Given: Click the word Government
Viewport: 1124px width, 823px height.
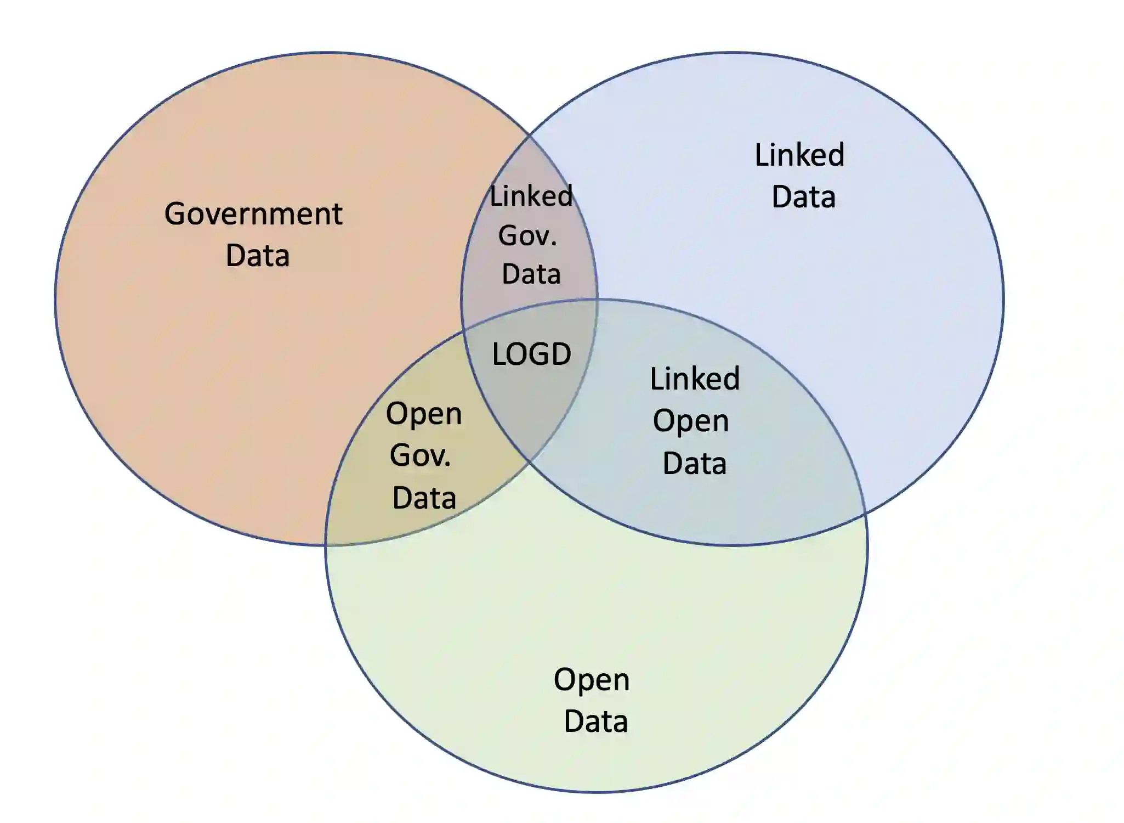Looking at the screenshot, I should click(253, 214).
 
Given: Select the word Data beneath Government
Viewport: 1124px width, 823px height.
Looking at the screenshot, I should click(258, 256).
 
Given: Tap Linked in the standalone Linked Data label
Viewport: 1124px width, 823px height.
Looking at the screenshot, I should click(799, 155).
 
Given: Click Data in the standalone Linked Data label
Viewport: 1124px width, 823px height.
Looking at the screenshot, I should click(803, 197).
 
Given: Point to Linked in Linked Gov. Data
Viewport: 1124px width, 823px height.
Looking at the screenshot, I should click(531, 196).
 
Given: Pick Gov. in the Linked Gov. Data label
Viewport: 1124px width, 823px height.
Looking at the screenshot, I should click(527, 235).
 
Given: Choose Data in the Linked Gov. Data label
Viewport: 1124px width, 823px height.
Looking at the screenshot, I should click(531, 274).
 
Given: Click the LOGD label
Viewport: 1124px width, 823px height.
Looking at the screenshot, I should click(531, 354).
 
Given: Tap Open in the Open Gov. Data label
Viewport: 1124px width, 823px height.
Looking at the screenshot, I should click(424, 414).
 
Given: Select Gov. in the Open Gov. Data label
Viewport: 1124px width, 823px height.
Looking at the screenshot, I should click(421, 455).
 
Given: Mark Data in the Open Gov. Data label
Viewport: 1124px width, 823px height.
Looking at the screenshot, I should click(424, 498).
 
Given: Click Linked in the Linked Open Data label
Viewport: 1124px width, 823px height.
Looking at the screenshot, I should click(695, 379).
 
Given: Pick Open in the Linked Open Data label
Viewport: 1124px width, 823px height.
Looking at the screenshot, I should click(691, 421).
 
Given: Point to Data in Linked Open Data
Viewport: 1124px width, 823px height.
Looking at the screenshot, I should click(695, 464).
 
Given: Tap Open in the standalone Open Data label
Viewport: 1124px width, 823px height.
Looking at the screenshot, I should click(592, 680).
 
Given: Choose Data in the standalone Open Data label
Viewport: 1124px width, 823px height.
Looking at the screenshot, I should click(595, 721).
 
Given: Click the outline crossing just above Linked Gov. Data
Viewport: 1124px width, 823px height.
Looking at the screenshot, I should click(530, 133).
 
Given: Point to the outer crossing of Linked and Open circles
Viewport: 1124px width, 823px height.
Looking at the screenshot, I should click(865, 515).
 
